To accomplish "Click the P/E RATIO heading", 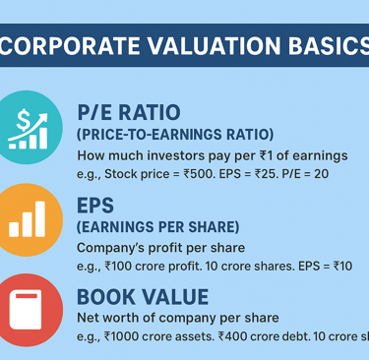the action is (129, 112).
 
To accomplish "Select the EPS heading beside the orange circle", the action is (95, 206).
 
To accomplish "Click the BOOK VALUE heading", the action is (143, 297).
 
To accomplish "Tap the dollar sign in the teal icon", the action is (24, 120).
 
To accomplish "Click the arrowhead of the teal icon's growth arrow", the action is (42, 118).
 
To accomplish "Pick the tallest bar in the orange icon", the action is (40, 218).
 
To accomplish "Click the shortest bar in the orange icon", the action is (14, 229).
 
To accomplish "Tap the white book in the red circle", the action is (26, 310).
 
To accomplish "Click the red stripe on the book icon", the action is (27, 296).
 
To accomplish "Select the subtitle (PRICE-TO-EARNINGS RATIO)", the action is (175, 135).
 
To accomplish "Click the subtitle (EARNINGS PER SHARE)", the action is (157, 227).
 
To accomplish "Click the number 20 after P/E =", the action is (321, 174).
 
